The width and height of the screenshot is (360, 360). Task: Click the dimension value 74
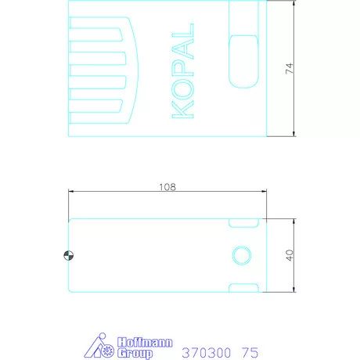coord(290,69)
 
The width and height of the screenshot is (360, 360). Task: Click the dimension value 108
coord(167,187)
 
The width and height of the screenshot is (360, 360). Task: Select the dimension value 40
coord(290,255)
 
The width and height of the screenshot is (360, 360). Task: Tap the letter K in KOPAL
coord(182,110)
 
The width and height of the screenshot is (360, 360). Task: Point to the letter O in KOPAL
coord(182,89)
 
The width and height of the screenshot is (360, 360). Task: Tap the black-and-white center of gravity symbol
coord(69,255)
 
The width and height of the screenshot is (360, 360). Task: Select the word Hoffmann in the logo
coord(145,342)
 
